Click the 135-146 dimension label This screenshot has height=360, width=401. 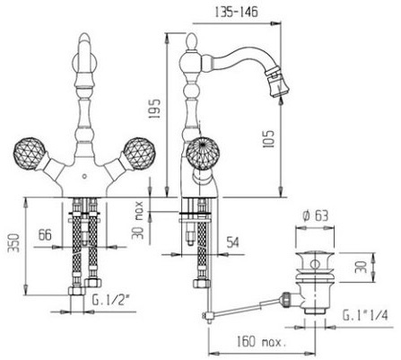pyautogui.click(x=236, y=12)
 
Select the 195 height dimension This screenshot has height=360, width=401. pyautogui.click(x=155, y=109)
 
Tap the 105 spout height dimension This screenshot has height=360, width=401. pyautogui.click(x=268, y=139)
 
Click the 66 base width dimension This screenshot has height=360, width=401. pyautogui.click(x=45, y=234)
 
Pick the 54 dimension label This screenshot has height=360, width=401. pyautogui.click(x=232, y=241)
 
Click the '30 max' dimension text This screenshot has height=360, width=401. pyautogui.click(x=138, y=221)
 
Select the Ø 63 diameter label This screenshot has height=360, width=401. pyautogui.click(x=315, y=215)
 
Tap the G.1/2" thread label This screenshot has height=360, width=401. pyautogui.click(x=109, y=300)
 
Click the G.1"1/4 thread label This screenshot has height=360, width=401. pyautogui.click(x=365, y=315)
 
